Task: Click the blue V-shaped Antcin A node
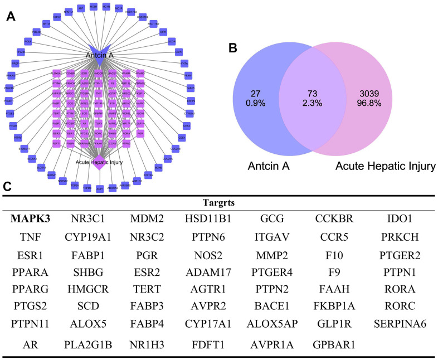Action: [100, 48]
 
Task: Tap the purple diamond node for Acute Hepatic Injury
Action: [100, 165]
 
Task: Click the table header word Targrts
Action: [218, 203]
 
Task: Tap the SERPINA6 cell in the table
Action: [400, 323]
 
